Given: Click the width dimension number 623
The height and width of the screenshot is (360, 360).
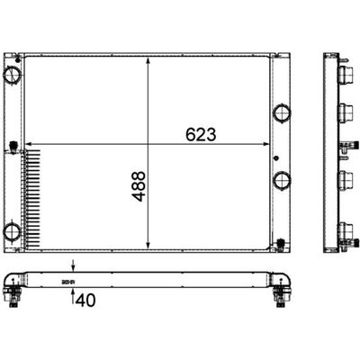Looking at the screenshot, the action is coord(201,134).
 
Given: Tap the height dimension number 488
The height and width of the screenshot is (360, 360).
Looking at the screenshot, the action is coord(139,186).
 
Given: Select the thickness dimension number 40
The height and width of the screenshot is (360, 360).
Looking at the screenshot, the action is coord(85,300).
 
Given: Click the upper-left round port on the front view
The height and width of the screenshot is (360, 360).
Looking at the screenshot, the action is coord(13,75).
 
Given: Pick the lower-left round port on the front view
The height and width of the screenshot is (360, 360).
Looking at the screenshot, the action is coord(12,232).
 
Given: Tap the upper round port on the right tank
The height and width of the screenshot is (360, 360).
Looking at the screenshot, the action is coord(282,112).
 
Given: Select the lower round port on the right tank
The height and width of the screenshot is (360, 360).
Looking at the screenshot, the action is coord(282,180).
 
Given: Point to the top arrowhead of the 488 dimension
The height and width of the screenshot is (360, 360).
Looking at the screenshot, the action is coord(148,60).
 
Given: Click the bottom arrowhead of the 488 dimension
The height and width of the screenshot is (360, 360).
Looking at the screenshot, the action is coord(148,246).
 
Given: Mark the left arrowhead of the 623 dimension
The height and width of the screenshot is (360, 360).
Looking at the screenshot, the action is coord(29,144).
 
